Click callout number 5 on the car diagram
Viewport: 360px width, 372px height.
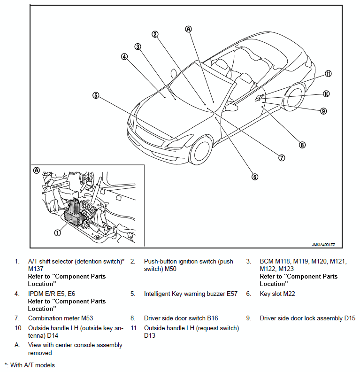pos(96,95)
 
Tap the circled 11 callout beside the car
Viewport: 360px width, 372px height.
pos(328,74)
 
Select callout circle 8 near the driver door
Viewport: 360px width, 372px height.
pos(302,145)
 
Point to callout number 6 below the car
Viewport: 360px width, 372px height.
pos(255,177)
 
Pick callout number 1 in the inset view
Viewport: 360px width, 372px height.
pos(57,232)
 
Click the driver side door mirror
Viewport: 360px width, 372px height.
pos(231,107)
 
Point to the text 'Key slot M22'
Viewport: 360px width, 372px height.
pos(277,294)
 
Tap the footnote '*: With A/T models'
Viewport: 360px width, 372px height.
pos(30,365)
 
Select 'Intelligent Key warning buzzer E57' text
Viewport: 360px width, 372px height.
pos(191,294)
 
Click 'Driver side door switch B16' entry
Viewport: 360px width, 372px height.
pos(181,318)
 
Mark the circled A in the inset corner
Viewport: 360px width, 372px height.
pos(37,170)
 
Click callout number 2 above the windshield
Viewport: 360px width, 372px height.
pos(155,34)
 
